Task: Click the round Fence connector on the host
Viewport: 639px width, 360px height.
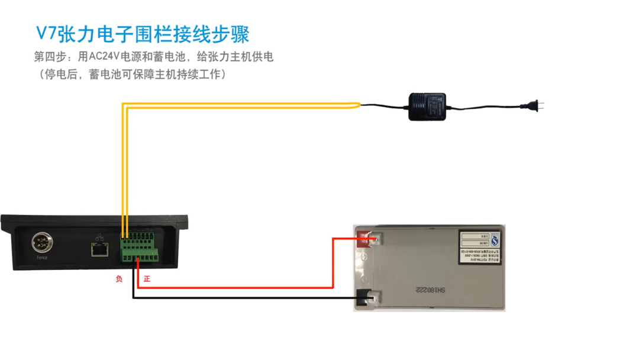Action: click(41, 243)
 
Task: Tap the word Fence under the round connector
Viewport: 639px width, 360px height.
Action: click(41, 258)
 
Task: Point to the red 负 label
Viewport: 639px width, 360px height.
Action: click(119, 278)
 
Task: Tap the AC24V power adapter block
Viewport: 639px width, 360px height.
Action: click(428, 107)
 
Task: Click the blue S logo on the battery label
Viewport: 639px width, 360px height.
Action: click(496, 239)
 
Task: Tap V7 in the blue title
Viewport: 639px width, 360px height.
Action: click(46, 33)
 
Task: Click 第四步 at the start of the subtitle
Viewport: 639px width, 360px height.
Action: click(50, 57)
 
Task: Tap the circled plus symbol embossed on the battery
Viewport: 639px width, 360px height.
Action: click(363, 259)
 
